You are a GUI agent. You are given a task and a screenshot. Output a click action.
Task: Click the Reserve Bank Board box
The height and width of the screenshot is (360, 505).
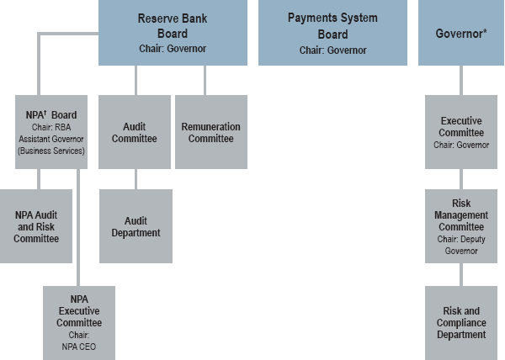(x=173, y=33)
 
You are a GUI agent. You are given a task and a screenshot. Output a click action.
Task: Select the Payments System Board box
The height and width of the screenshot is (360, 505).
(x=332, y=33)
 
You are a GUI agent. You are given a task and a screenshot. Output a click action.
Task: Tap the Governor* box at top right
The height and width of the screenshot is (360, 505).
(x=460, y=33)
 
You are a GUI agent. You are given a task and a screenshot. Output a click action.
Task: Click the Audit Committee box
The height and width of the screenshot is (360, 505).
(x=135, y=132)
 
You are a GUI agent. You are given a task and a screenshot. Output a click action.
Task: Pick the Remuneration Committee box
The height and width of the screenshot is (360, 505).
(x=210, y=132)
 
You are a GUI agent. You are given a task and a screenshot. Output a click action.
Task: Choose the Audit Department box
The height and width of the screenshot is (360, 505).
(x=135, y=226)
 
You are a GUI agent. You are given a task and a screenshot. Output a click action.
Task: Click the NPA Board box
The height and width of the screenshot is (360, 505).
(x=50, y=132)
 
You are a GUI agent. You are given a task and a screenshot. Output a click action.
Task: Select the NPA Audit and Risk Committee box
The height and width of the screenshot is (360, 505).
(x=36, y=226)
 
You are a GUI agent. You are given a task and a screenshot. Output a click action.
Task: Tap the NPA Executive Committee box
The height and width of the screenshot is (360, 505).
(x=79, y=323)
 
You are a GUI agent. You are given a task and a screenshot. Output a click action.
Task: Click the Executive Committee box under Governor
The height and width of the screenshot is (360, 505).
(x=460, y=132)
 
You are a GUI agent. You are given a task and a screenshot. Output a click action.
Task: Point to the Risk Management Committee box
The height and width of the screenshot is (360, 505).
(x=460, y=225)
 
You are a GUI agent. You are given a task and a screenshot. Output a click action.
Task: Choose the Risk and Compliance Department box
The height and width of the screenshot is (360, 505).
(x=460, y=323)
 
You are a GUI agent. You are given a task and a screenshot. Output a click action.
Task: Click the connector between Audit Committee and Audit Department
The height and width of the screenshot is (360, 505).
(x=136, y=178)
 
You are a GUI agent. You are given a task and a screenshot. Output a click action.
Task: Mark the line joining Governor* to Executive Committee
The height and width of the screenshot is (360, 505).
(x=460, y=80)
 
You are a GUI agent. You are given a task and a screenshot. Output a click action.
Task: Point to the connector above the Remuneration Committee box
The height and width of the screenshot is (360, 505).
(x=205, y=80)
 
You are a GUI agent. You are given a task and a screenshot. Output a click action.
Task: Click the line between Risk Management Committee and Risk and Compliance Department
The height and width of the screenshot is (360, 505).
(x=460, y=274)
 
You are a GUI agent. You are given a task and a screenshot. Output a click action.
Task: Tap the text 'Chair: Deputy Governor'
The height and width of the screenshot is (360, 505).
(x=460, y=244)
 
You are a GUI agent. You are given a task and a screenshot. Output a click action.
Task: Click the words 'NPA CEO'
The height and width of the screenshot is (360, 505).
(x=79, y=345)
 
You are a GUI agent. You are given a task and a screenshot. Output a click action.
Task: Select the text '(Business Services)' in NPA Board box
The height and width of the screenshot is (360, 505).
(x=51, y=151)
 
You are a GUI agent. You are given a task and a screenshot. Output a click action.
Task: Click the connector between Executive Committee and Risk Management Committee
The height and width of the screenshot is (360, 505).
(x=460, y=178)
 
